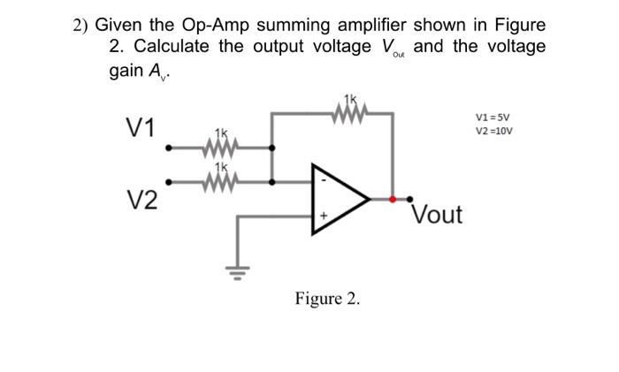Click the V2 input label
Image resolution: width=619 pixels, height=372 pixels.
[x=139, y=200]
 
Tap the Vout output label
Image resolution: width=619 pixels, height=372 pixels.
[x=438, y=215]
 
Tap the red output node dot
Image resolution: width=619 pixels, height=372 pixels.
[x=393, y=200]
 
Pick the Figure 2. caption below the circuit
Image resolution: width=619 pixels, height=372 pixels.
[x=328, y=299]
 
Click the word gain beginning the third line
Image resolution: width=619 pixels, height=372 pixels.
[x=130, y=69]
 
